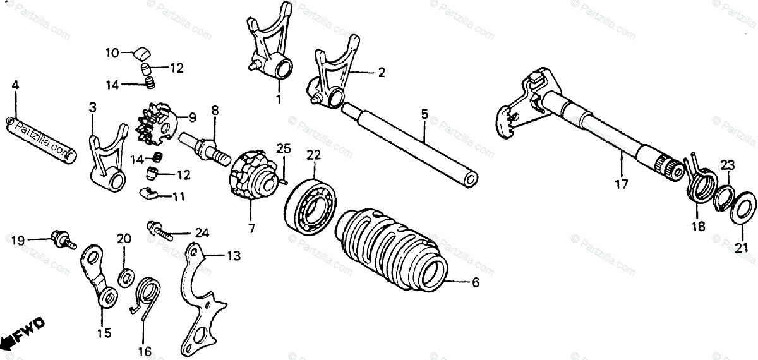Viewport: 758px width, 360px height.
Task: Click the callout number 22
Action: [314, 155]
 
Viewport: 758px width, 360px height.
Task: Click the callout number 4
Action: [15, 84]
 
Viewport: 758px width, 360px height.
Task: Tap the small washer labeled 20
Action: [125, 276]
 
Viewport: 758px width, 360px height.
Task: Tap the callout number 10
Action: [111, 54]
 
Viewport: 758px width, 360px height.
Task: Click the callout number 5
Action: [424, 115]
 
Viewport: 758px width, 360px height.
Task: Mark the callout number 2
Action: [382, 73]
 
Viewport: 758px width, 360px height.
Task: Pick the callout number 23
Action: [728, 165]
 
